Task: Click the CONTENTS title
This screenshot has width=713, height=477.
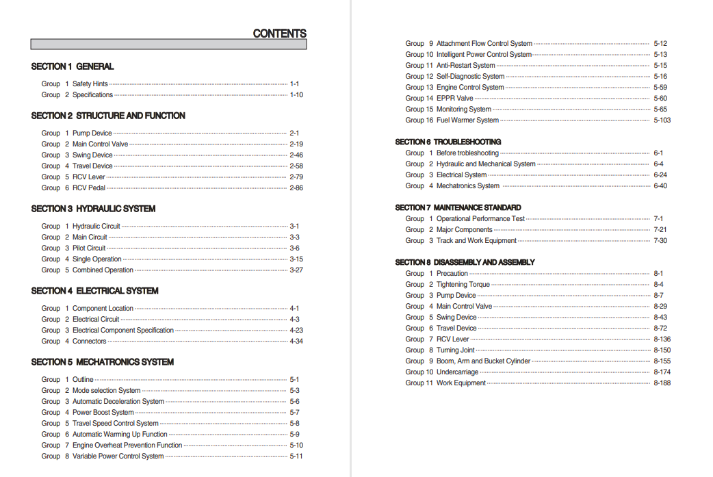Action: tap(279, 34)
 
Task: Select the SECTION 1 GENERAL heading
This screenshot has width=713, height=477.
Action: tap(73, 66)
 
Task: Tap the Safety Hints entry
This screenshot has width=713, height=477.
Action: tap(90, 84)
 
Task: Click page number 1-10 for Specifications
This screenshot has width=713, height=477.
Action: tap(296, 95)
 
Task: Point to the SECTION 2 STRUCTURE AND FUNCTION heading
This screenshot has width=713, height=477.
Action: tap(108, 116)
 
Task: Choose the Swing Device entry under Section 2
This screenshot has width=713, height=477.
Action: tap(92, 155)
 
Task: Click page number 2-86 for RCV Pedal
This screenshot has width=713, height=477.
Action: tap(296, 188)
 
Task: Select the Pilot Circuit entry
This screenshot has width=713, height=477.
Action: tap(89, 248)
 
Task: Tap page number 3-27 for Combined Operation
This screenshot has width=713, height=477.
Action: tap(296, 270)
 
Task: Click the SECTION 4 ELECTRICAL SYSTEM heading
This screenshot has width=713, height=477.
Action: tap(94, 291)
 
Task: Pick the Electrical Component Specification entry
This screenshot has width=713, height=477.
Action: tap(123, 331)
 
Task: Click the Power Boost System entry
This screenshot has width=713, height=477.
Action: tap(103, 413)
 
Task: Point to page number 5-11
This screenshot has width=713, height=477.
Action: tap(296, 456)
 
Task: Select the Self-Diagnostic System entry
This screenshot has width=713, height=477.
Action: tap(470, 77)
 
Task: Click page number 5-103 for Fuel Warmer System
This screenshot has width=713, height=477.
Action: tap(662, 120)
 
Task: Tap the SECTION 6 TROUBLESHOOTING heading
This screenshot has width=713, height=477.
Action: tap(448, 142)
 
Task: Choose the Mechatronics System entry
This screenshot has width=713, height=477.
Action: tap(468, 186)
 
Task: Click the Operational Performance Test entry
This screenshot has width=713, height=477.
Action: tap(480, 219)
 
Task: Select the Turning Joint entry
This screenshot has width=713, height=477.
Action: tap(456, 350)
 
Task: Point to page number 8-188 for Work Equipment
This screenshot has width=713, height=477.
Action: tap(662, 383)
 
